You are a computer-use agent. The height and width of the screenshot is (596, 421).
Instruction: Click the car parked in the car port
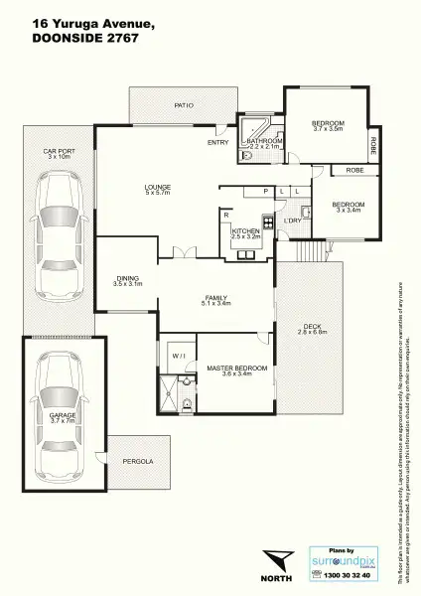(57, 231)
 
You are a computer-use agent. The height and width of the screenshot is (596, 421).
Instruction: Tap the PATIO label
(184, 104)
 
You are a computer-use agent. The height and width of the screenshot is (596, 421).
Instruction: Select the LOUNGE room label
(159, 187)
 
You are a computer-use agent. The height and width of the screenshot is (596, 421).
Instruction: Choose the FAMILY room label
(215, 297)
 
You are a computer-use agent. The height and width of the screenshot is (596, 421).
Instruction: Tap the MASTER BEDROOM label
(236, 368)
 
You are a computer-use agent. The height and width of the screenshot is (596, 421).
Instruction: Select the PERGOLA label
(139, 462)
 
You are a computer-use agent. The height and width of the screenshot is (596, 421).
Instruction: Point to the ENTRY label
(217, 142)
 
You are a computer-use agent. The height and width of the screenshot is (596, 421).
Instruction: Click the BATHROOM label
(265, 141)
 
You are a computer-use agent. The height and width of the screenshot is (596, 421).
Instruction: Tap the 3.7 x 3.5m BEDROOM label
(328, 122)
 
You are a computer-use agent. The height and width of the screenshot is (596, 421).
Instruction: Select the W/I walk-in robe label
(178, 355)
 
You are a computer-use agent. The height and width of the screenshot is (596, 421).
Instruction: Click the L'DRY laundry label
(292, 220)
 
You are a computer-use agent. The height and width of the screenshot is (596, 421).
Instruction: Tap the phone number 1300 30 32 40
(348, 575)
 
